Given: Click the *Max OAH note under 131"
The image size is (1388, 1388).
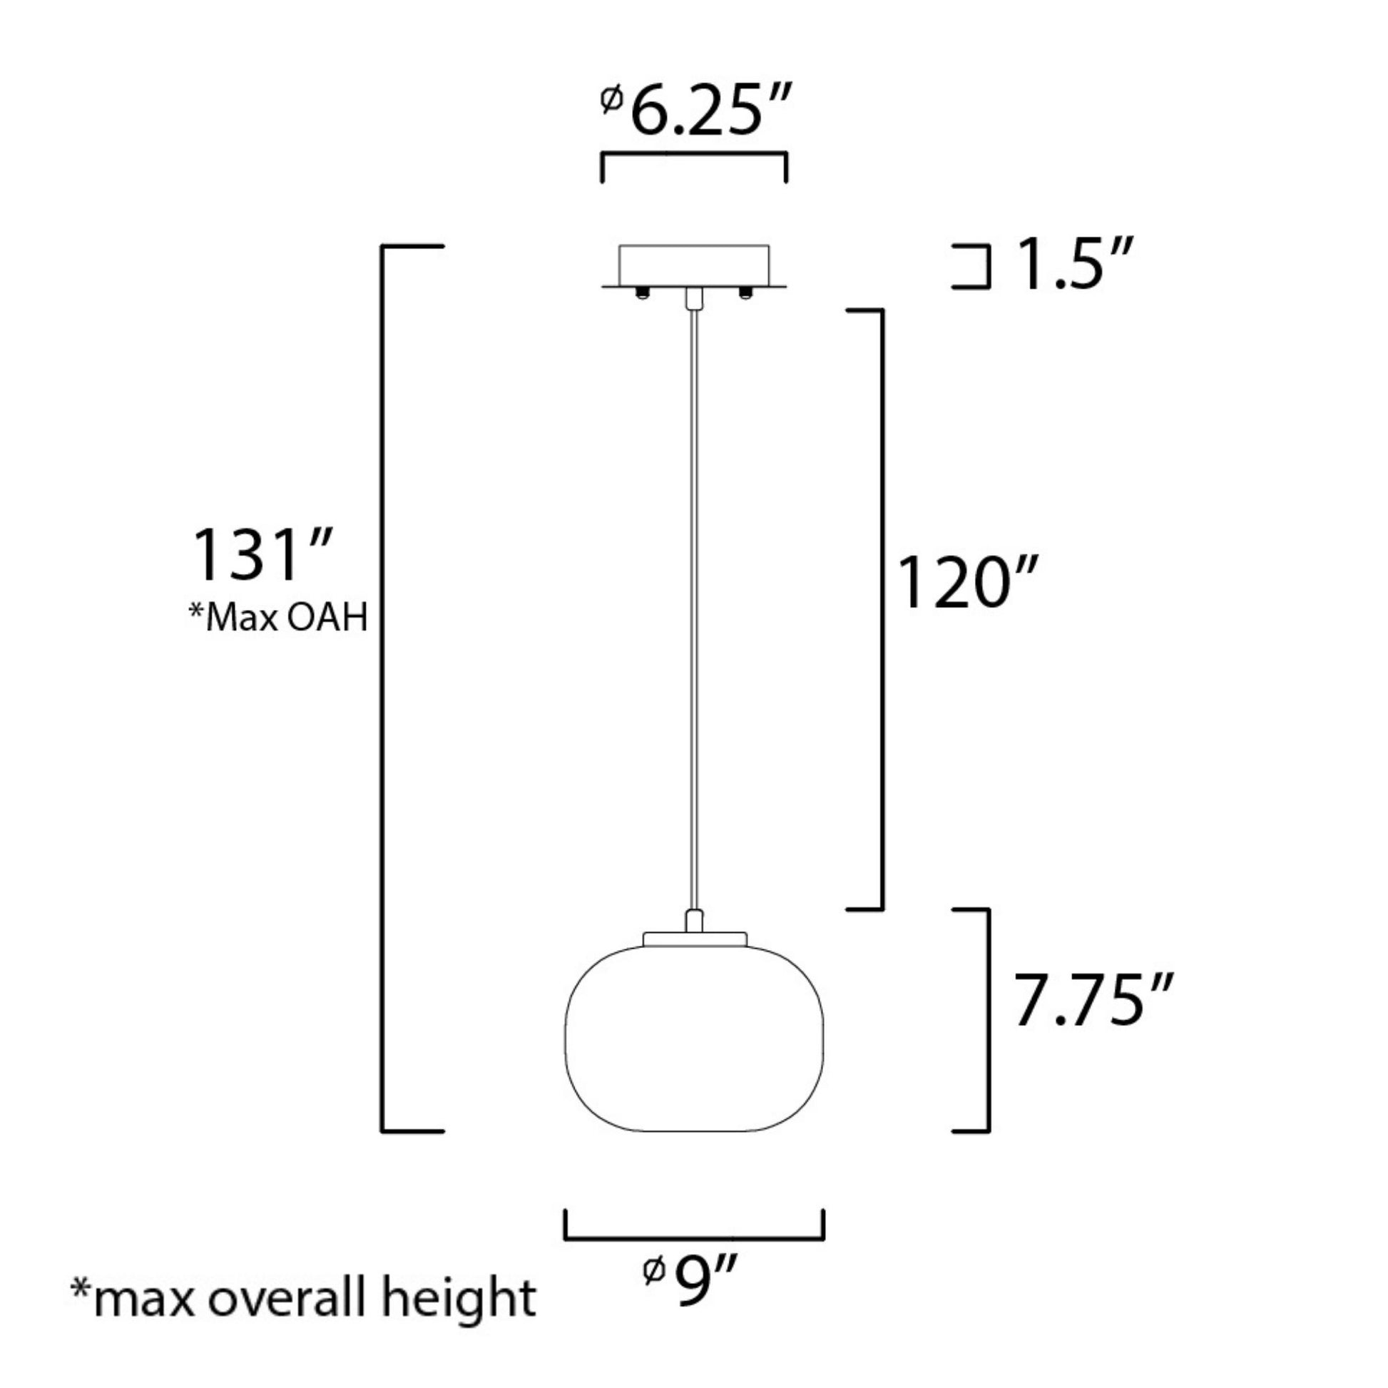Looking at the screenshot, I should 278,617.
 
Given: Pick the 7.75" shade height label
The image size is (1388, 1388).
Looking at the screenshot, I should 1092,1001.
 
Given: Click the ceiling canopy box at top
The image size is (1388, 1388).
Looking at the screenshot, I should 694,265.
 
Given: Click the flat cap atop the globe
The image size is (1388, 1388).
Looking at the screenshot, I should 695,938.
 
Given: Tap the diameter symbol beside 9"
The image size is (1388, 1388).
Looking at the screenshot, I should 653,1272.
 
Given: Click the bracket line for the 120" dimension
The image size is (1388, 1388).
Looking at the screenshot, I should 882,611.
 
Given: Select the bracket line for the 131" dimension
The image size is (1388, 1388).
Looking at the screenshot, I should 382,690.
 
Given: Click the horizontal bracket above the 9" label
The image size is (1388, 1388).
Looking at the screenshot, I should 694,1238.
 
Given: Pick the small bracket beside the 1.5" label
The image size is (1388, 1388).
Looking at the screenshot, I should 988,267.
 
